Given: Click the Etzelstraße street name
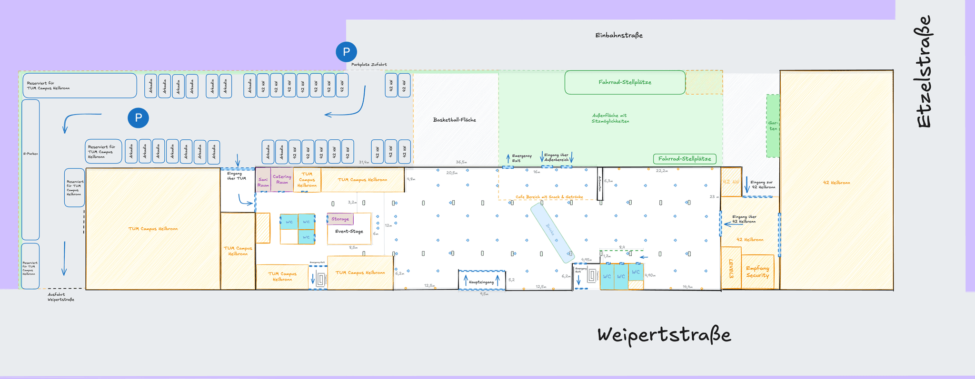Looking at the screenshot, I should pyautogui.click(x=924, y=71).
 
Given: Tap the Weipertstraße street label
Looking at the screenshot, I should pyautogui.click(x=664, y=335).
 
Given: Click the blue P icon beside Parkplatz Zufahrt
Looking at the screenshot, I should pyautogui.click(x=346, y=52).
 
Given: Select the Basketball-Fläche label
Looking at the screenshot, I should pyautogui.click(x=454, y=120).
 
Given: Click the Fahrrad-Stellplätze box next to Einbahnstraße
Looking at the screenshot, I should pyautogui.click(x=625, y=82).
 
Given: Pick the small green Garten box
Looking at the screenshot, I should pyautogui.click(x=773, y=126).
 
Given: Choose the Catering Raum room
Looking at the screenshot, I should pyautogui.click(x=282, y=179).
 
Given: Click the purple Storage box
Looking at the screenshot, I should pyautogui.click(x=340, y=219).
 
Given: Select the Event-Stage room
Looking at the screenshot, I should pyautogui.click(x=349, y=232).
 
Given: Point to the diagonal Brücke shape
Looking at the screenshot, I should pyautogui.click(x=553, y=233).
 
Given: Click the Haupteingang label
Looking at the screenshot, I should pyautogui.click(x=481, y=282).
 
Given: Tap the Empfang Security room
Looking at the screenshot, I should pyautogui.click(x=757, y=272).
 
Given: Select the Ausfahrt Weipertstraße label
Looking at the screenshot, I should pyautogui.click(x=60, y=297).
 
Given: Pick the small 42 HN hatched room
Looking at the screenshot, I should pyautogui.click(x=730, y=182).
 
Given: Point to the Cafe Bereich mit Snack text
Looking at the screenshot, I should pyautogui.click(x=549, y=197).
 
